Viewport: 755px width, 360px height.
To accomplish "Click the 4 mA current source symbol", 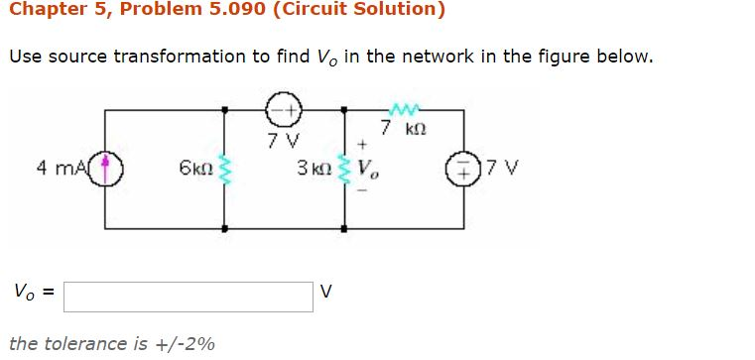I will tap(107, 167).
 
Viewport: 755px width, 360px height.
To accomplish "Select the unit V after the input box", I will tap(328, 294).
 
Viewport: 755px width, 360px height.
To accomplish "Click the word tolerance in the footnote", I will tap(83, 344).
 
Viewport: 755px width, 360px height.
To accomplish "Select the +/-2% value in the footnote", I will tap(187, 344).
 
